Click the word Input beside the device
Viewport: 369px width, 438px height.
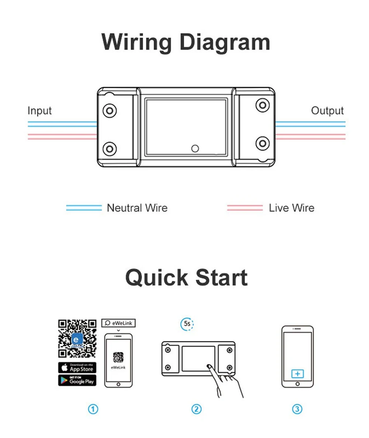click(39, 111)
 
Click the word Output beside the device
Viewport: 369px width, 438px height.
click(327, 111)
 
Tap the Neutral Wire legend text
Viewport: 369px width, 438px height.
click(137, 208)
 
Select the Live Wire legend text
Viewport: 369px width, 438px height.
click(292, 208)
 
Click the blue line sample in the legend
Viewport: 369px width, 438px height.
click(84, 208)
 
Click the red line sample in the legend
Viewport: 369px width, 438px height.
click(245, 208)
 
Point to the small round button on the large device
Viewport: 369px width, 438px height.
click(195, 148)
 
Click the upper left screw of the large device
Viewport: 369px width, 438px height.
click(110, 110)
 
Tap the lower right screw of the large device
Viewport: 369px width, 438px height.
click(262, 143)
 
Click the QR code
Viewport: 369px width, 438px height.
click(77, 338)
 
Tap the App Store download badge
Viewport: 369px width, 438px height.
click(77, 367)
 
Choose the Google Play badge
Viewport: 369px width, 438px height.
click(77, 380)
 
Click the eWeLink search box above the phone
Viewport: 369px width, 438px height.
click(118, 323)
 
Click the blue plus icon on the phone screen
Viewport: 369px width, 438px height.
click(297, 374)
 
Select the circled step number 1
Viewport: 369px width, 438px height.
click(93, 409)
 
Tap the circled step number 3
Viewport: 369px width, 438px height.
click(297, 409)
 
